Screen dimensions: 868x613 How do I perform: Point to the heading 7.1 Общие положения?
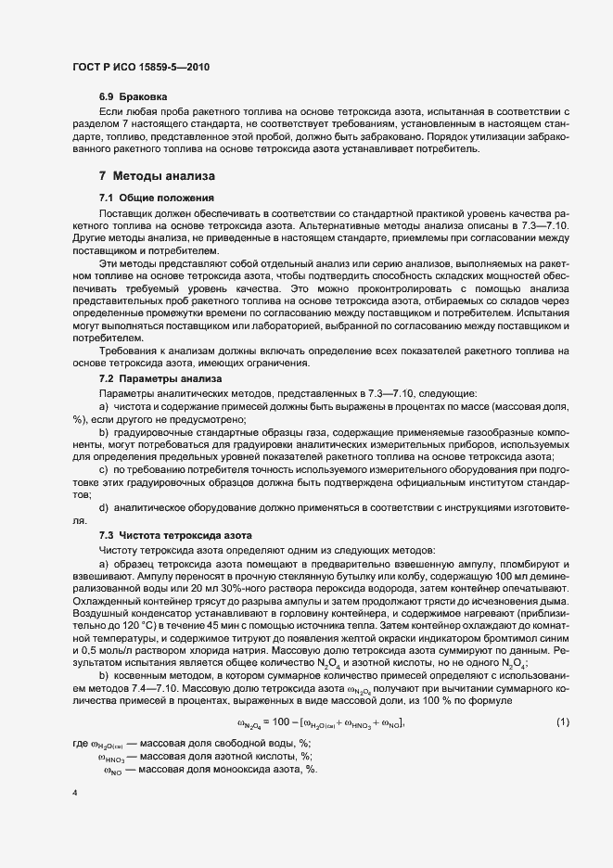click(x=157, y=198)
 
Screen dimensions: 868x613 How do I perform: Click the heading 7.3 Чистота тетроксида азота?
click(x=174, y=537)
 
